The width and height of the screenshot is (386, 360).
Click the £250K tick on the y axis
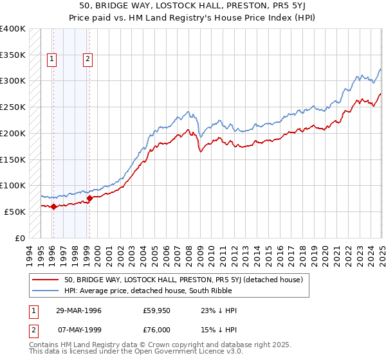pos(13,107)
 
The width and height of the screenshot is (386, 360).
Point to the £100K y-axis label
pos(13,186)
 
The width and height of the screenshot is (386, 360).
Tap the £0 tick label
pos(21,238)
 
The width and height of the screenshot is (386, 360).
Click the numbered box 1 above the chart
pos(52,60)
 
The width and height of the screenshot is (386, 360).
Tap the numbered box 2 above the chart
pos(87,60)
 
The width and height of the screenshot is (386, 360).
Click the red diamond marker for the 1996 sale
pos(53,206)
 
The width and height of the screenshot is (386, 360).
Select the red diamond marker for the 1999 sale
pos(89,198)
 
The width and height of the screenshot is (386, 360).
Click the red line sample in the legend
pos(46,280)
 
